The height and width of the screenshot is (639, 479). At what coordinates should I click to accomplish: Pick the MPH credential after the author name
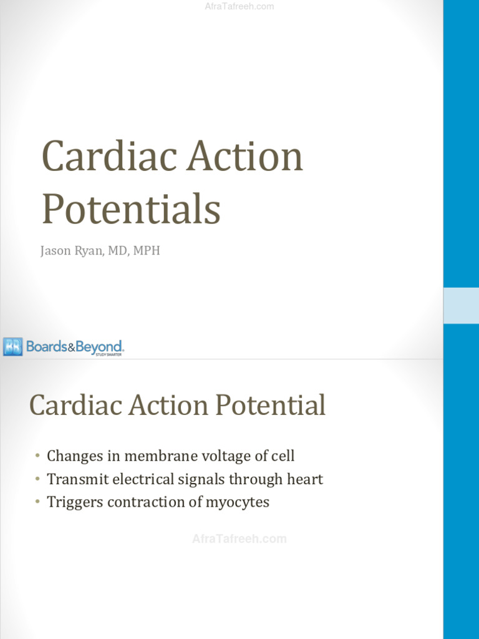[x=145, y=251]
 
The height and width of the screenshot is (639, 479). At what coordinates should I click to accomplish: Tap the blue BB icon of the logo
[x=12, y=346]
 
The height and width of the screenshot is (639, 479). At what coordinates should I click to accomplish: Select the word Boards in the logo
[x=46, y=346]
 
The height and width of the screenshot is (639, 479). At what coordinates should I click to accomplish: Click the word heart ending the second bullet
[x=306, y=479]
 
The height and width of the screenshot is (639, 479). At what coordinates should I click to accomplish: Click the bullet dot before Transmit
[x=37, y=479]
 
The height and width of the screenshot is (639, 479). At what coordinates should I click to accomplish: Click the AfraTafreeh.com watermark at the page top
[x=239, y=7]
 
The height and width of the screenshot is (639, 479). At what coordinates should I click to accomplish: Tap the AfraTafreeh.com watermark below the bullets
[x=239, y=539]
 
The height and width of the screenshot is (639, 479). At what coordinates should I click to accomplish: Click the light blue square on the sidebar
[x=461, y=306]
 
